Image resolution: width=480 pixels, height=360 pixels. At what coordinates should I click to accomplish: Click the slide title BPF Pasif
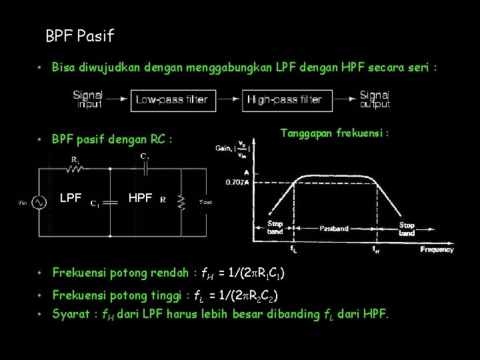pos(80,36)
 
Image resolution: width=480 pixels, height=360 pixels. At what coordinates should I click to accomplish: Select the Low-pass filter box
pos(172,100)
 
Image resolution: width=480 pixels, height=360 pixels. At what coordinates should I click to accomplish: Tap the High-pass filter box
pos(285,100)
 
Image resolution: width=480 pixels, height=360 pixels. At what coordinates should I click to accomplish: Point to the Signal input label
pos(88,99)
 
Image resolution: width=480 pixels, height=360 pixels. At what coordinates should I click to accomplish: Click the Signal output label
pos(375,99)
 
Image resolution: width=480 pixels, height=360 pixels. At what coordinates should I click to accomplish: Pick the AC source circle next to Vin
pos(39,202)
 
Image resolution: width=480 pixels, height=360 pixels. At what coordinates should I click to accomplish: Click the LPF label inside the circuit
pos(71,198)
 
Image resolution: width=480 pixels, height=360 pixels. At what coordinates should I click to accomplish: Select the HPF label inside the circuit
pos(140,198)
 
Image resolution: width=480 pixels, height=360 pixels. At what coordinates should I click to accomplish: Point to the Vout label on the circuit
pos(205,202)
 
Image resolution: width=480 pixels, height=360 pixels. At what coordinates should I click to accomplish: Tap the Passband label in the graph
pos(334,228)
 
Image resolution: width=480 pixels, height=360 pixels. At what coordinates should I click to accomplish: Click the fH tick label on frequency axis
pos(377,249)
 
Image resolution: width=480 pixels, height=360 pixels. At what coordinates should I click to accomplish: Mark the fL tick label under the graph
pos(293,249)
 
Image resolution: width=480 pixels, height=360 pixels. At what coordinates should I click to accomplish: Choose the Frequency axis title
pos(437,249)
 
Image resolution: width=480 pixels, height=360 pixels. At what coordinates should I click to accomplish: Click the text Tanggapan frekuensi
pos(334,133)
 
